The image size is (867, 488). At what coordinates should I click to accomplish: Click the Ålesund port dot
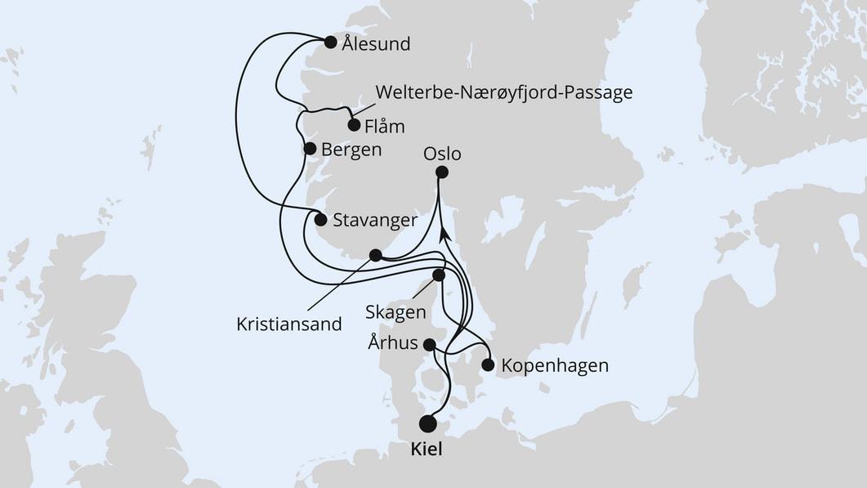(x=330, y=43)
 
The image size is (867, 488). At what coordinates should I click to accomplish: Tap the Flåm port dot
(x=354, y=125)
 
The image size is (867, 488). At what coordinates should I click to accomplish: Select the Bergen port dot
(x=310, y=149)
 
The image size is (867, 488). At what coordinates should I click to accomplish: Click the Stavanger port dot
(x=320, y=219)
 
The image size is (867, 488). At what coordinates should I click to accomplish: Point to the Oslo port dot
(x=442, y=172)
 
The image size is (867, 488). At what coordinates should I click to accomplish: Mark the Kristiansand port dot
(x=375, y=255)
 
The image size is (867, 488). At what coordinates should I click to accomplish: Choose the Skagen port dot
(x=439, y=275)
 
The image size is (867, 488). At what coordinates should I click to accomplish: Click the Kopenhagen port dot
(x=489, y=365)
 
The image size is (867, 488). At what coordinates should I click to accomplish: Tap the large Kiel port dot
(x=427, y=423)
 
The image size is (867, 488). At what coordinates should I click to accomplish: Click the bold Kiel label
(x=428, y=450)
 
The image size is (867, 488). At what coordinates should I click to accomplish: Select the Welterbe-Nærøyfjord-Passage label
(x=503, y=92)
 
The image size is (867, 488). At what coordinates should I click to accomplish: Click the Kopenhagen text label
(x=556, y=365)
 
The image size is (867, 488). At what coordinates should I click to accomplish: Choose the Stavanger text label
(x=376, y=220)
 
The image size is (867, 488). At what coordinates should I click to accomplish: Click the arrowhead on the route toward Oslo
(x=444, y=235)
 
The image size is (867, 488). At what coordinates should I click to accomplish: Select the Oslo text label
(x=443, y=154)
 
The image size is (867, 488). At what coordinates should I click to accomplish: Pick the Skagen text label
(x=397, y=312)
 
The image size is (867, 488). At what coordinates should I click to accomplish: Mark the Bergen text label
(x=351, y=150)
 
